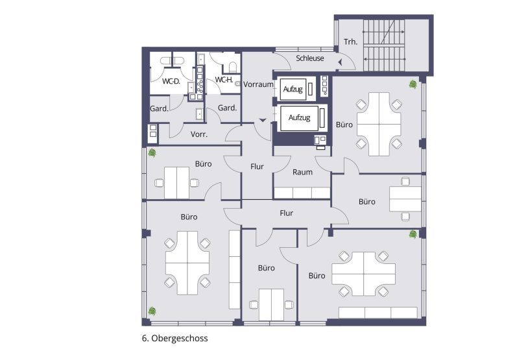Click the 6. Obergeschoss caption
pos(175,338)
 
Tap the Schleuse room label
pos(309,58)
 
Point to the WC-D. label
pos(171,82)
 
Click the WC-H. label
pos(223,80)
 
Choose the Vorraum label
pos(257,84)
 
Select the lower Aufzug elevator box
pos(299,117)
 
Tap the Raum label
pos(302,172)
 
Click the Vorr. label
pos(198,135)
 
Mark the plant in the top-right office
pos(413,84)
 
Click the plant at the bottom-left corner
pos(151,311)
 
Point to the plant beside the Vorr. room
pos(152,153)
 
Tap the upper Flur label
pos(257,167)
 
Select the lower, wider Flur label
pos(286,213)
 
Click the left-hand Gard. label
pos(159,108)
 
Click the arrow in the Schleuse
pos(339,60)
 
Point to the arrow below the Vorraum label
pos(262,120)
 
